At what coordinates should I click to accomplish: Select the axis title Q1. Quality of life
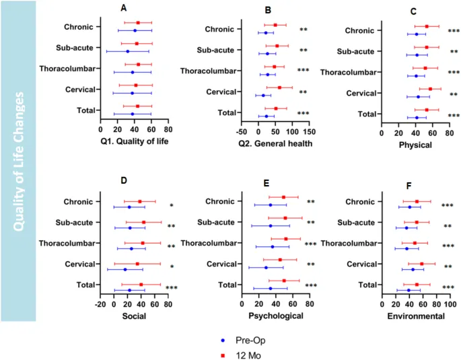(134, 141)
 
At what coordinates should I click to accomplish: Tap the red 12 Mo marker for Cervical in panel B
(279, 87)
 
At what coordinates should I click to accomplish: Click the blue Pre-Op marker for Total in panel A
(133, 114)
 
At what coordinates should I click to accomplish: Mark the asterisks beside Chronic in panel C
(454, 31)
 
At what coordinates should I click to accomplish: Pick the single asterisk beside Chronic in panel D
(171, 206)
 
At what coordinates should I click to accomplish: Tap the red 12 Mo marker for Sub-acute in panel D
(143, 222)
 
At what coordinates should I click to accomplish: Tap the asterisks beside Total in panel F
(448, 288)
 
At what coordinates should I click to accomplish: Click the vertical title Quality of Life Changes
(18, 161)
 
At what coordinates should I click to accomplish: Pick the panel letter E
(267, 183)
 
